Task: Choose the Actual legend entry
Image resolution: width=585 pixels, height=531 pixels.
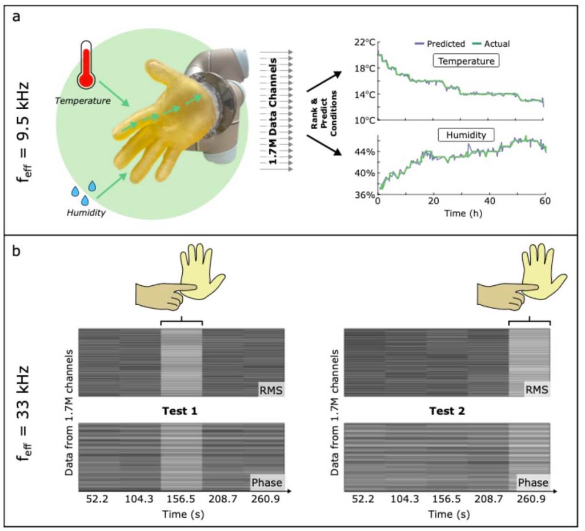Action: click(489, 43)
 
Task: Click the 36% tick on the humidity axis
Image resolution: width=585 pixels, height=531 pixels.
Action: click(364, 194)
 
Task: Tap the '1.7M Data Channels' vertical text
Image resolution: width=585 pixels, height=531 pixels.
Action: click(275, 111)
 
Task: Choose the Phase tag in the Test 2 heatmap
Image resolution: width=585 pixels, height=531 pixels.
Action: click(534, 482)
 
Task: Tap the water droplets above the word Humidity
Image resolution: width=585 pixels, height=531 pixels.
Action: click(83, 193)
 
